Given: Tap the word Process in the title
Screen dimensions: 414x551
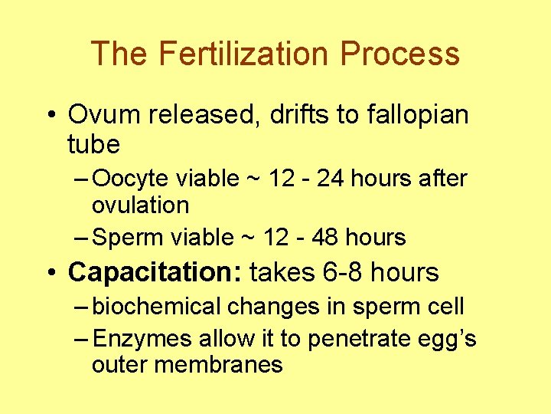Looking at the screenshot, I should (400, 54).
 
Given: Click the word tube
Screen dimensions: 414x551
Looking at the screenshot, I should (93, 143).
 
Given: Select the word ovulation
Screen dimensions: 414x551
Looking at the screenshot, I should (140, 205).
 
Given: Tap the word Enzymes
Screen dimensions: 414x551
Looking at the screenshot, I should (143, 338).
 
